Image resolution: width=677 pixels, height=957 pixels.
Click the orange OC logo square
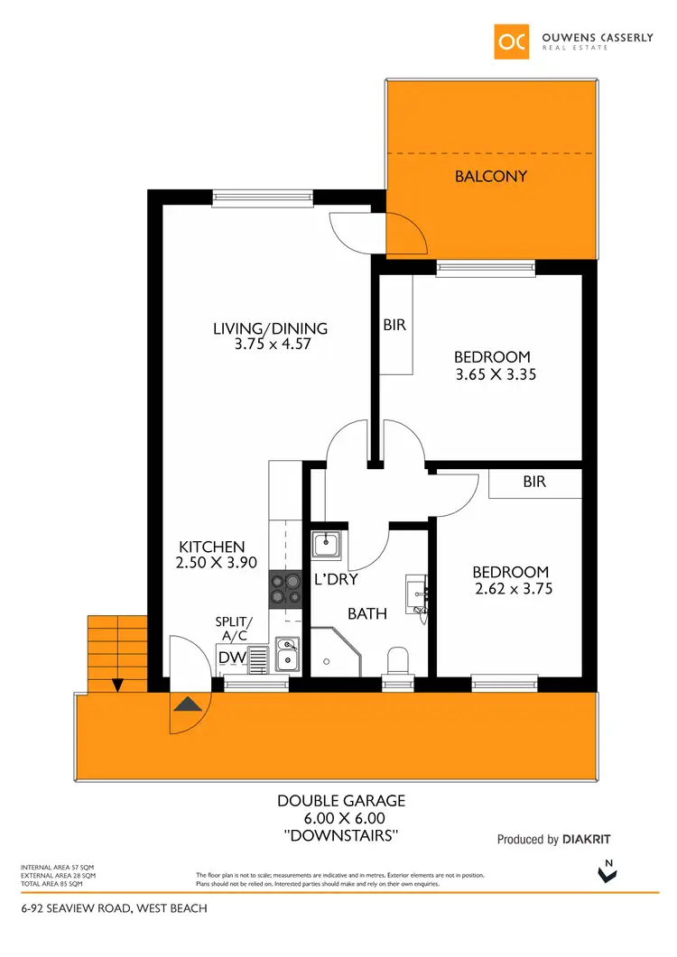click(512, 41)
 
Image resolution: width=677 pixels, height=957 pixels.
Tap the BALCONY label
click(490, 176)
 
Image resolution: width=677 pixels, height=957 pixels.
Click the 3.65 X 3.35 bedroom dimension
click(495, 373)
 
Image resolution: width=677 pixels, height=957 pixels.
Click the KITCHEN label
click(212, 547)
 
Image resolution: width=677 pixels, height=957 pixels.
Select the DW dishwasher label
click(232, 658)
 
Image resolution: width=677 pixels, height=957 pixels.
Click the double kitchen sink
click(288, 655)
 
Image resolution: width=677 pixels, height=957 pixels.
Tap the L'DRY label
click(336, 580)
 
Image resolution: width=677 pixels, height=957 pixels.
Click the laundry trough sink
click(326, 546)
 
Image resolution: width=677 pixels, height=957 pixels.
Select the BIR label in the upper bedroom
click(394, 326)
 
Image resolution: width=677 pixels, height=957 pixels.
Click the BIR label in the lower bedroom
click(534, 483)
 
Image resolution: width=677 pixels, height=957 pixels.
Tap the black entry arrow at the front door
click(188, 704)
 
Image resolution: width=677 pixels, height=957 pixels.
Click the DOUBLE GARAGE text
click(341, 800)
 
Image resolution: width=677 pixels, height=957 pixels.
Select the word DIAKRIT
click(592, 840)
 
